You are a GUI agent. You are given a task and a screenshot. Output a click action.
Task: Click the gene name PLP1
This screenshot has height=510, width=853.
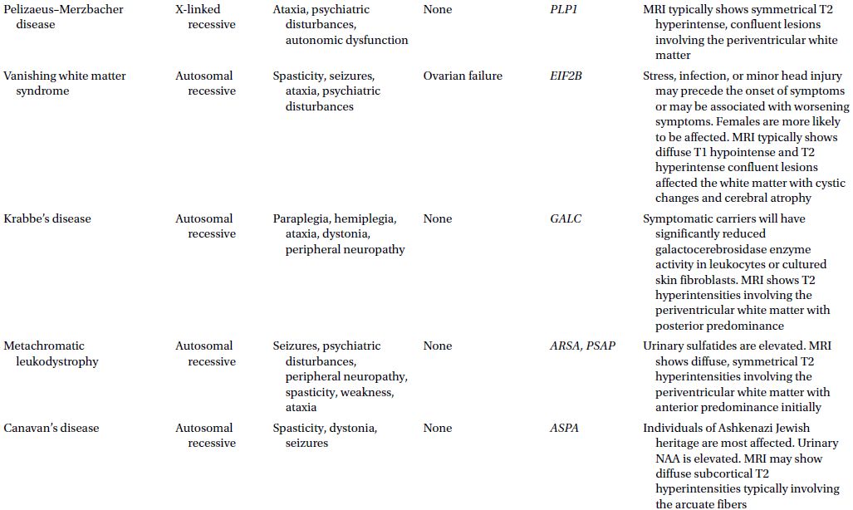point(564,9)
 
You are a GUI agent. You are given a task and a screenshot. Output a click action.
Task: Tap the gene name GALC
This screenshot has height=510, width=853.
point(566,218)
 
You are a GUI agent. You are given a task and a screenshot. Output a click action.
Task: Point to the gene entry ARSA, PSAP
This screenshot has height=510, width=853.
point(583,346)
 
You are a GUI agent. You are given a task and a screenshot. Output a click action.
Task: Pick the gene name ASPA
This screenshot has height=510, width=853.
point(565,428)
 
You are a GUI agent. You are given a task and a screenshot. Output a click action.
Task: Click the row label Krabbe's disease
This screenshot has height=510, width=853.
point(47,218)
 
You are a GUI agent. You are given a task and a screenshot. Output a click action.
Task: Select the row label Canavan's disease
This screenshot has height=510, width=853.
point(51,428)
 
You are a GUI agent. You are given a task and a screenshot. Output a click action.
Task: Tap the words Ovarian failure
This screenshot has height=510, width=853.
point(463,76)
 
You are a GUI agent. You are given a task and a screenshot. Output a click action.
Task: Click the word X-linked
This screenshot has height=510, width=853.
point(198,9)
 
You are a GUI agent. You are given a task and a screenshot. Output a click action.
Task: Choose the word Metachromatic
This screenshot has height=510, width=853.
point(44,346)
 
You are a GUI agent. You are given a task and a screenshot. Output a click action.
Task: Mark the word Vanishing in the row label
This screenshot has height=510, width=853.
point(29,76)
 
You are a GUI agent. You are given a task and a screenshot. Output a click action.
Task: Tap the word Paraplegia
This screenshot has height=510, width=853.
point(301,218)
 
